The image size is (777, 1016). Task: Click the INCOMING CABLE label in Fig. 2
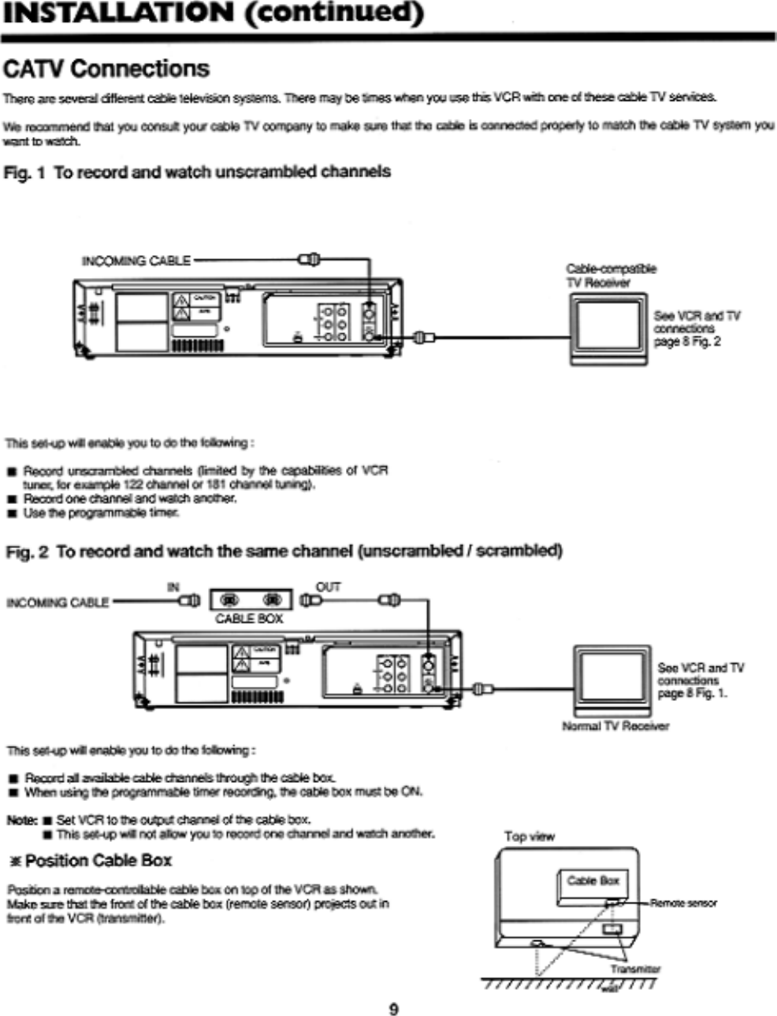58,603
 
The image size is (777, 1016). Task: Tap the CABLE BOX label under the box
249,618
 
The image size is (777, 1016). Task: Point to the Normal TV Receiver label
615,726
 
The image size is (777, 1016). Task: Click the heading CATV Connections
107,69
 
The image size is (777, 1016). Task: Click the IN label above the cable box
173,587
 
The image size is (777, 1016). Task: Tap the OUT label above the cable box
328,587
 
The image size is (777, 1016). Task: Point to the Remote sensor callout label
683,903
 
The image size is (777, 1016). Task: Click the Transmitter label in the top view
635,970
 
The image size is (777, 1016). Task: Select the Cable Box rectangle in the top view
593,881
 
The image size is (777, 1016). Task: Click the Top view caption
529,836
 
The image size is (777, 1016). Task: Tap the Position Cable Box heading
91,859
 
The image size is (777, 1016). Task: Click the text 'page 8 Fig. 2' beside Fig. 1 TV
687,342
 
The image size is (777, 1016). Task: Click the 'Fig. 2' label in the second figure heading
27,551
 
